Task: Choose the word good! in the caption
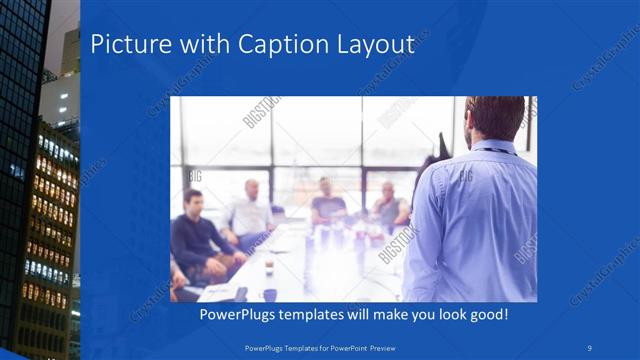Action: [x=486, y=315]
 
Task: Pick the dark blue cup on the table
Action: [x=270, y=295]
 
